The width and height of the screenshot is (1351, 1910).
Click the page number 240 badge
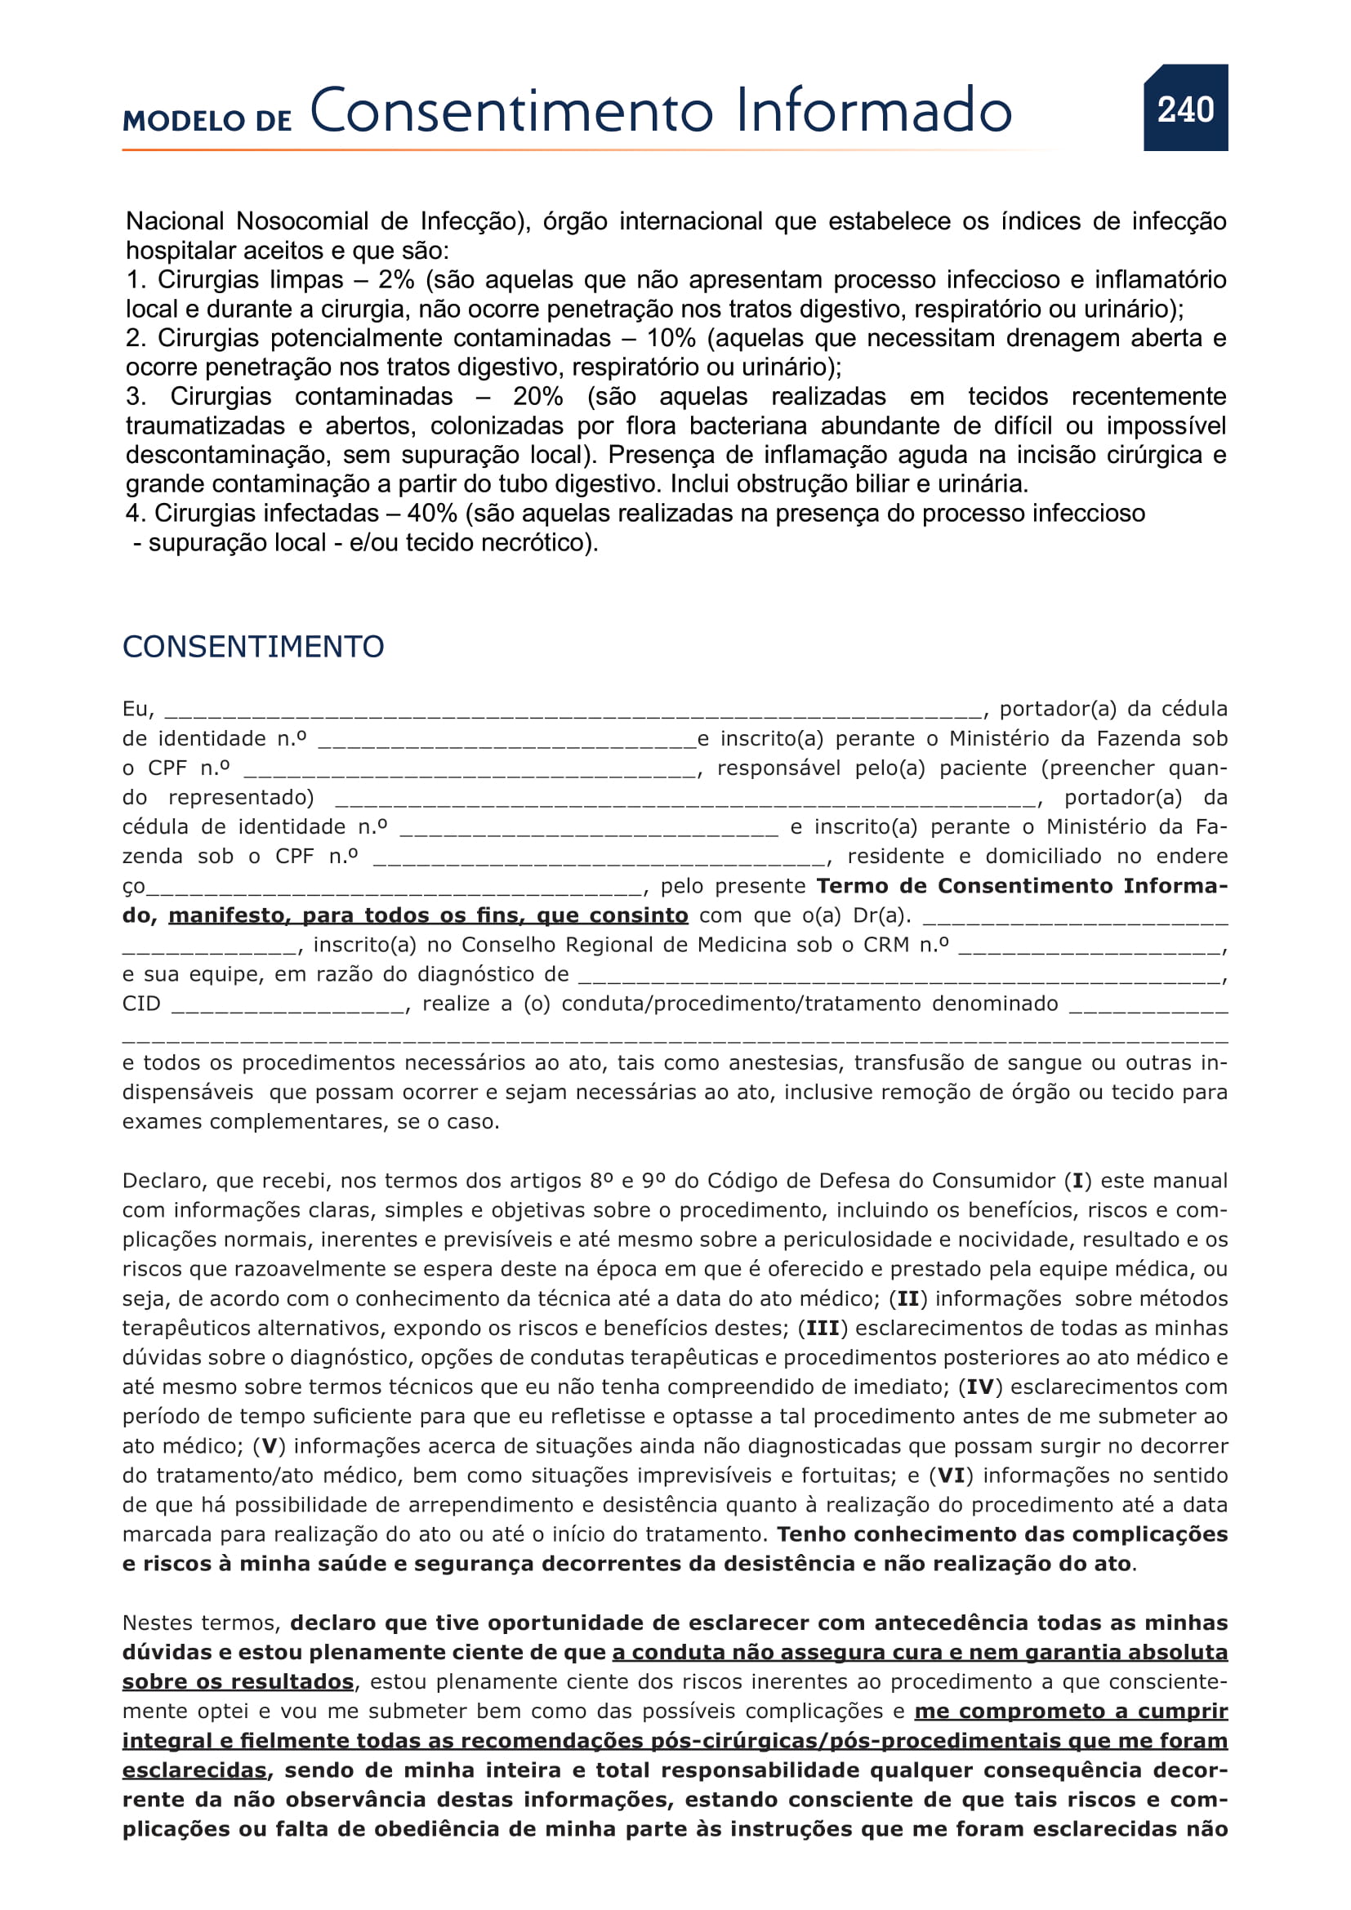(x=1184, y=109)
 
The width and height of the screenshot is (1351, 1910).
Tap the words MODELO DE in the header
(x=207, y=121)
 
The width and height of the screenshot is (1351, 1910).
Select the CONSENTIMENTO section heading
(x=253, y=647)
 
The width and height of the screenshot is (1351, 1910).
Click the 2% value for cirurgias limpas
(x=396, y=279)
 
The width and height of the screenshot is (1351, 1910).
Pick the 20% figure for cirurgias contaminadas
(x=537, y=396)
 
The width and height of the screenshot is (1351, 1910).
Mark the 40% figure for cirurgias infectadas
(x=432, y=514)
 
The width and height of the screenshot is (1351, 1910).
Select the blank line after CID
(x=288, y=1005)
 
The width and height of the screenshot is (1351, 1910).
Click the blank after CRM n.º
(x=1090, y=946)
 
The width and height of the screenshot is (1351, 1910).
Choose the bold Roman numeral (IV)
(x=981, y=1387)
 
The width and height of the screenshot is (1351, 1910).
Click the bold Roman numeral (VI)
(x=951, y=1475)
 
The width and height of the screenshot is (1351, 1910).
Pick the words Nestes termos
(x=201, y=1623)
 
